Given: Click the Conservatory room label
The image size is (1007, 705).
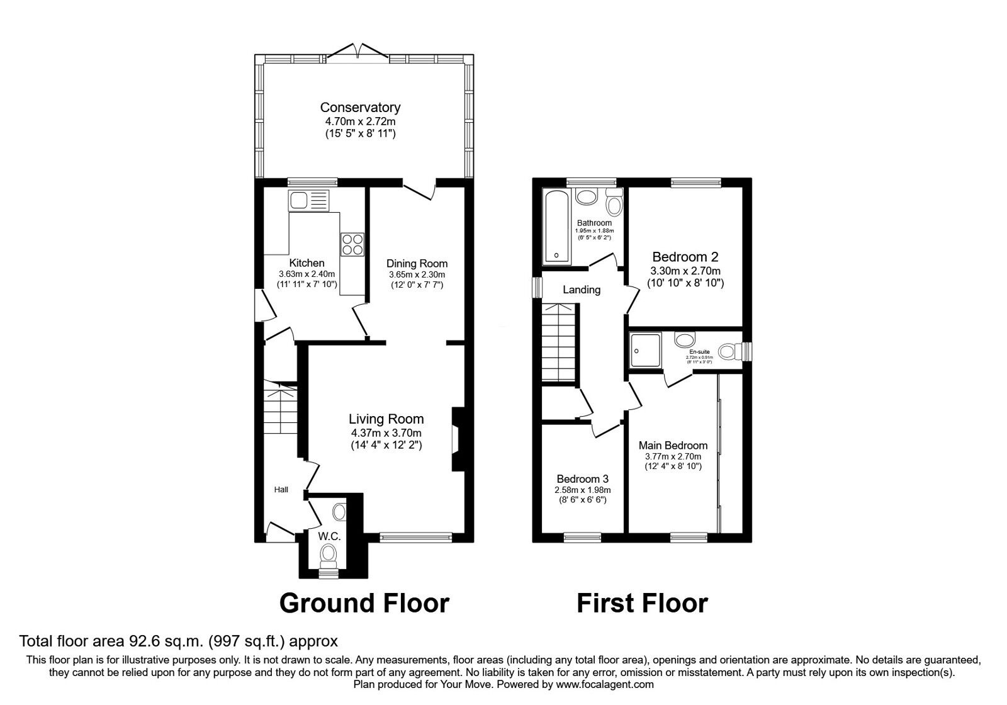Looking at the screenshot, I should click(x=360, y=108).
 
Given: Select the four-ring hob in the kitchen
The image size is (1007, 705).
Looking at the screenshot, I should click(x=352, y=244).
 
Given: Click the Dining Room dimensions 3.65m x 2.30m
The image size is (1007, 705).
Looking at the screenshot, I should click(x=417, y=275).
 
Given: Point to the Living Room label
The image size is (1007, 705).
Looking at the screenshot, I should click(x=386, y=419).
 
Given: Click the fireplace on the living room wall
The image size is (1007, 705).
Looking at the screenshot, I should click(x=456, y=439).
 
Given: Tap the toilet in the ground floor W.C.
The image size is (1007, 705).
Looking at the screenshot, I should click(x=328, y=555).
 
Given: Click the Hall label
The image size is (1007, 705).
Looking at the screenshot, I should click(x=281, y=489).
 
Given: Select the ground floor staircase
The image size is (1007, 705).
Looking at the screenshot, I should click(x=279, y=412).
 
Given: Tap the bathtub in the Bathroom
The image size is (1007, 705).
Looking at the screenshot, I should click(x=556, y=227).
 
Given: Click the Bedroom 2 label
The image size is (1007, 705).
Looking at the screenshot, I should click(x=685, y=257).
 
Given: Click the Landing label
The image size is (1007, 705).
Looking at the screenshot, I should click(x=582, y=290).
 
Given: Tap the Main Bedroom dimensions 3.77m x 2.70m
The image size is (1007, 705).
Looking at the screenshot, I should click(x=673, y=456).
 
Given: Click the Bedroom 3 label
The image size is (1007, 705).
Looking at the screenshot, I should click(x=582, y=479).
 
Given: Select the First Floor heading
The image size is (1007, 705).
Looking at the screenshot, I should click(x=642, y=603).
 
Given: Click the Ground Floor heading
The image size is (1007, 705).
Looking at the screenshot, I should click(x=364, y=603).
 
